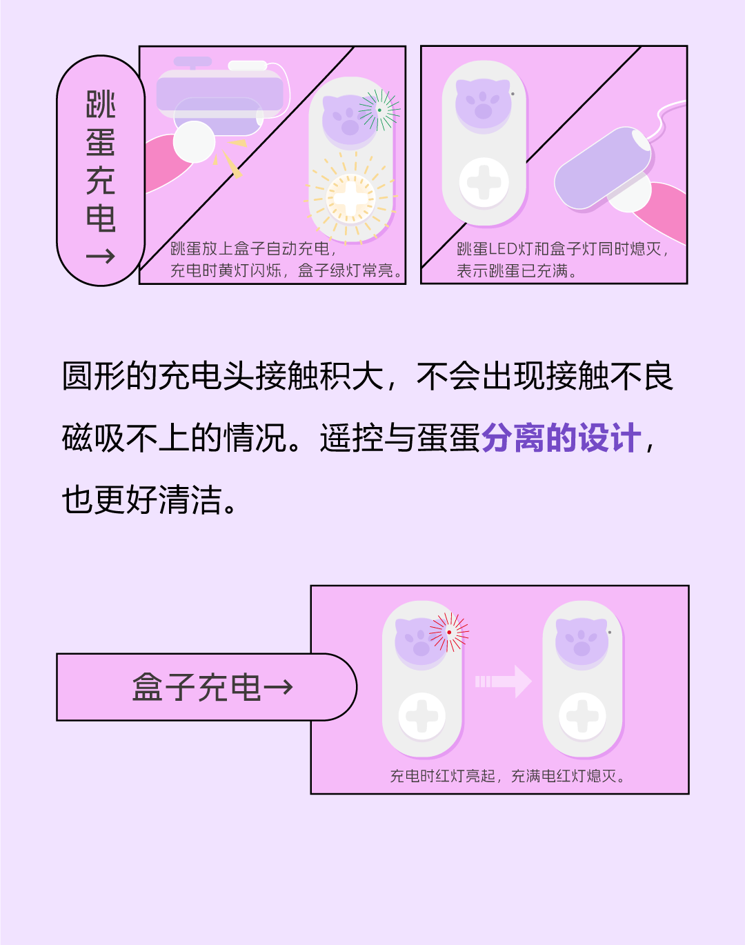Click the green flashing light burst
click(x=379, y=110)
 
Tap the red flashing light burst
click(x=449, y=632)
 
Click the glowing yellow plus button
click(x=350, y=198)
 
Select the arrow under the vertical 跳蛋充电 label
click(x=101, y=257)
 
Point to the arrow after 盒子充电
click(x=279, y=687)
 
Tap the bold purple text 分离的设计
click(x=561, y=438)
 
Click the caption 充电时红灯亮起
click(x=443, y=776)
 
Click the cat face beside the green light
click(x=350, y=119)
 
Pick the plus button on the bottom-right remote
click(x=582, y=716)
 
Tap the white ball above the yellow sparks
click(x=194, y=142)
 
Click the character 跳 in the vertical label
click(x=101, y=105)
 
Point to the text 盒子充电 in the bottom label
click(x=197, y=687)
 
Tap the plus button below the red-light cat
click(x=422, y=716)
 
